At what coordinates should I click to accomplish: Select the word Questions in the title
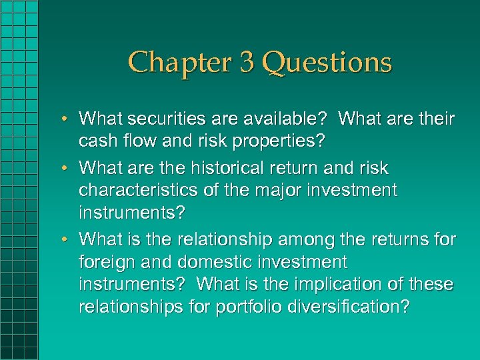coord(327,63)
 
